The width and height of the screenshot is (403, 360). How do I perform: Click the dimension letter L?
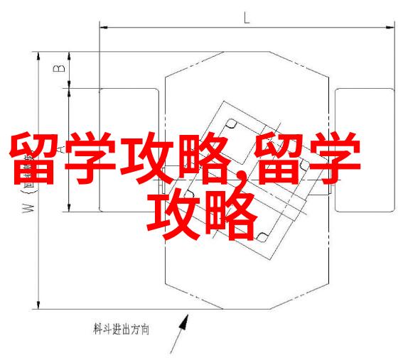tap(247, 18)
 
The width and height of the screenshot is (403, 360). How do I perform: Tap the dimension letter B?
tap(59, 68)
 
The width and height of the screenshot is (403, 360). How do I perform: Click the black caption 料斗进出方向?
tap(121, 329)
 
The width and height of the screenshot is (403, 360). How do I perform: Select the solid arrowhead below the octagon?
tap(184, 323)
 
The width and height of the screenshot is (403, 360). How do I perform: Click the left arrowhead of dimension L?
tap(104, 27)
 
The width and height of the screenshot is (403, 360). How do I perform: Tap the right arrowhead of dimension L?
tap(390, 27)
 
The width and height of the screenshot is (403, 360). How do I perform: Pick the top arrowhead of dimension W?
tap(38, 57)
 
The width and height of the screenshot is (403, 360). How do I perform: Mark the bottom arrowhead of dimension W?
tap(38, 305)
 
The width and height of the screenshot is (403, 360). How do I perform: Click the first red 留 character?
tap(33, 158)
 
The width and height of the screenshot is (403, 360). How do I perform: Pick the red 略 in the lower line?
tap(231, 215)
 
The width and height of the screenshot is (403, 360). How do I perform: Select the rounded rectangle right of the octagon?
tap(365, 151)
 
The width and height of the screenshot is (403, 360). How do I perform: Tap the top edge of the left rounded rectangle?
tap(129, 89)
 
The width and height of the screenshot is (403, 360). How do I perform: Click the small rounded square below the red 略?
tap(262, 237)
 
